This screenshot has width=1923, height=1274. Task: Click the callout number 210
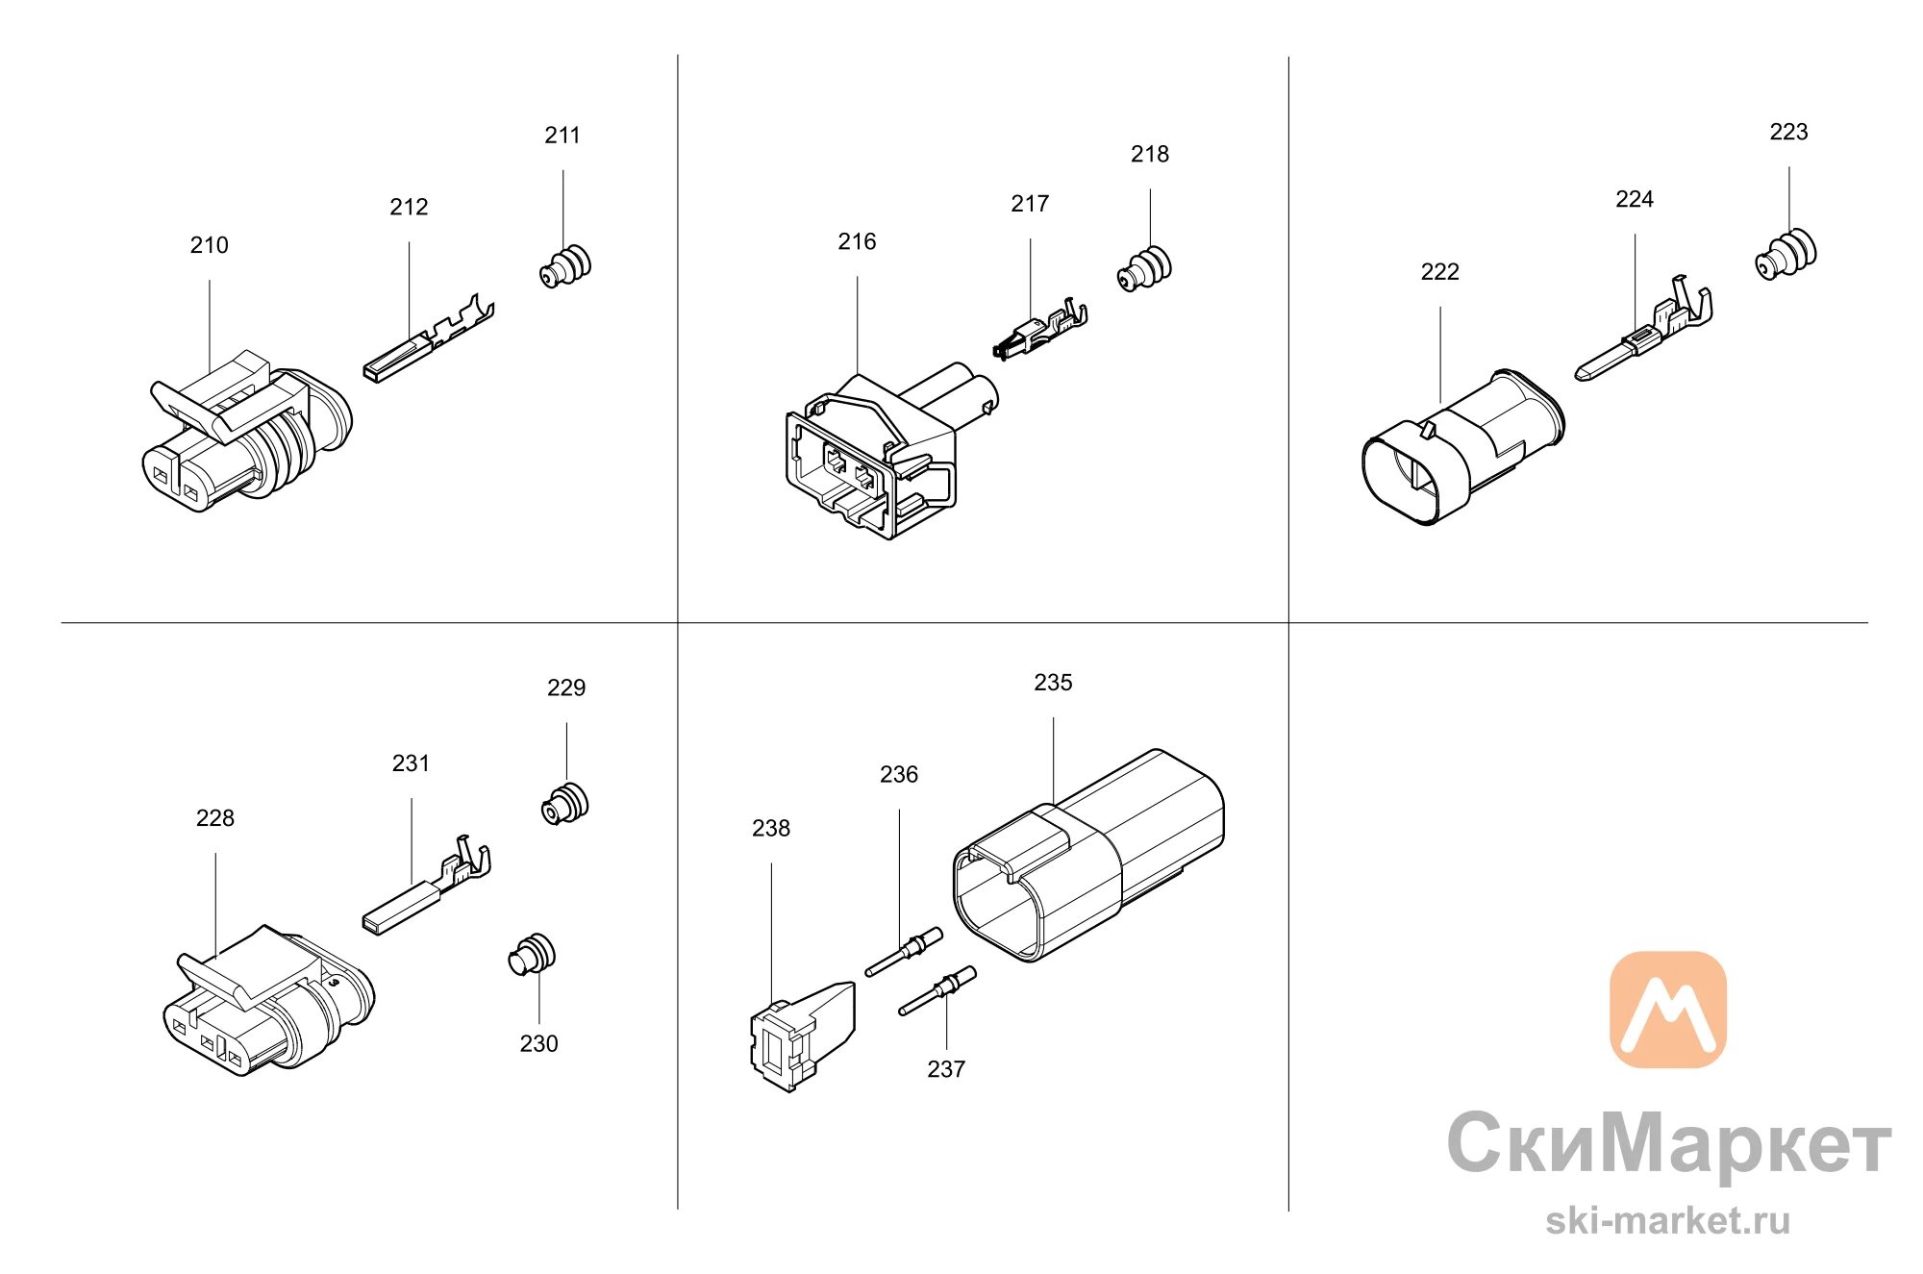click(x=210, y=245)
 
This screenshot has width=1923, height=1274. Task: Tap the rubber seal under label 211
click(x=565, y=266)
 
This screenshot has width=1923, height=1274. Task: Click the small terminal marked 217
click(x=1039, y=330)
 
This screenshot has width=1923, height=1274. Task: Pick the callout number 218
click(x=1150, y=154)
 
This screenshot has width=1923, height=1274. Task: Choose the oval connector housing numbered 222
click(x=1462, y=447)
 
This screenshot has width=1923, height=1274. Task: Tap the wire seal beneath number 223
click(x=1786, y=254)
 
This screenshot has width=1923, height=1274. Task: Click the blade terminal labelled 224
click(x=1644, y=328)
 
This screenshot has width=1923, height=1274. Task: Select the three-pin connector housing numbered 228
click(x=268, y=1001)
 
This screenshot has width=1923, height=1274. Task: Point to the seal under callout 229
click(x=565, y=804)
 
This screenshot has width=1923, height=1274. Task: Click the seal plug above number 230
click(x=532, y=955)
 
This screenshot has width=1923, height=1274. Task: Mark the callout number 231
click(x=411, y=763)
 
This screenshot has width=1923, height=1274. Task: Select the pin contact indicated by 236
click(x=904, y=952)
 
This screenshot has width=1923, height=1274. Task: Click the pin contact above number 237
click(x=937, y=990)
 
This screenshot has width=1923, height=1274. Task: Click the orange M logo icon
click(x=1668, y=1010)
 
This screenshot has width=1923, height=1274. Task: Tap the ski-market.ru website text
click(x=1668, y=1220)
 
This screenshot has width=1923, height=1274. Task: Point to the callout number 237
click(x=946, y=1069)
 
